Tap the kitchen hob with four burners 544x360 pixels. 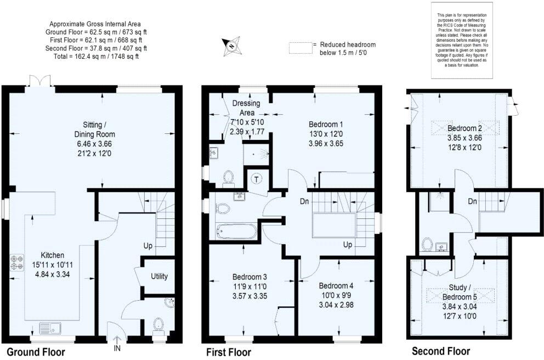point(16,262)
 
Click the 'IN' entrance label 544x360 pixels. point(116,347)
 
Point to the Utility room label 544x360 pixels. point(159,277)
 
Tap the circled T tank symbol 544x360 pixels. point(256,178)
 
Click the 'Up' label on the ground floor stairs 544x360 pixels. point(148,245)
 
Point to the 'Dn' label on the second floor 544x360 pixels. point(471,201)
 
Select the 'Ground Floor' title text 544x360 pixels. point(36,352)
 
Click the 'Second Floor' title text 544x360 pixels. point(441,351)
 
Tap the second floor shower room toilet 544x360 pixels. point(428,243)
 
